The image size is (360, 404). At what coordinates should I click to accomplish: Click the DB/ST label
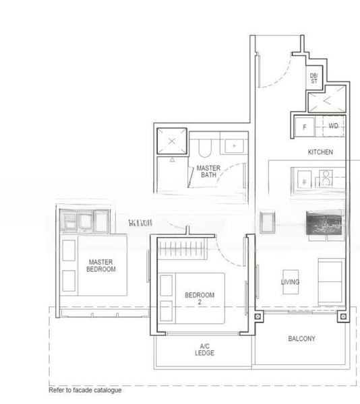point(314,79)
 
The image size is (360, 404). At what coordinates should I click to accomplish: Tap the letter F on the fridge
point(305,127)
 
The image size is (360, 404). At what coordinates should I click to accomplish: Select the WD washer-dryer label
point(333,127)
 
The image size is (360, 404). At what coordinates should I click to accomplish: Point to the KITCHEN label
point(320,152)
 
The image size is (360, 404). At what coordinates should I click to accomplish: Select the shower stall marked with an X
point(171,141)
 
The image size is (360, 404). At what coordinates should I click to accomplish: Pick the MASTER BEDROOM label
point(101,265)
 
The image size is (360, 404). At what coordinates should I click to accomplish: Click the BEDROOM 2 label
point(200,298)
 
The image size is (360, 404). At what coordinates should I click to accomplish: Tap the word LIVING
point(290,282)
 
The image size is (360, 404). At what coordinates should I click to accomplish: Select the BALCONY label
point(301,339)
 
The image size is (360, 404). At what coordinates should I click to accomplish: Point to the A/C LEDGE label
point(204,348)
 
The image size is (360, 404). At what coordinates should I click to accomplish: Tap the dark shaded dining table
point(325,224)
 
